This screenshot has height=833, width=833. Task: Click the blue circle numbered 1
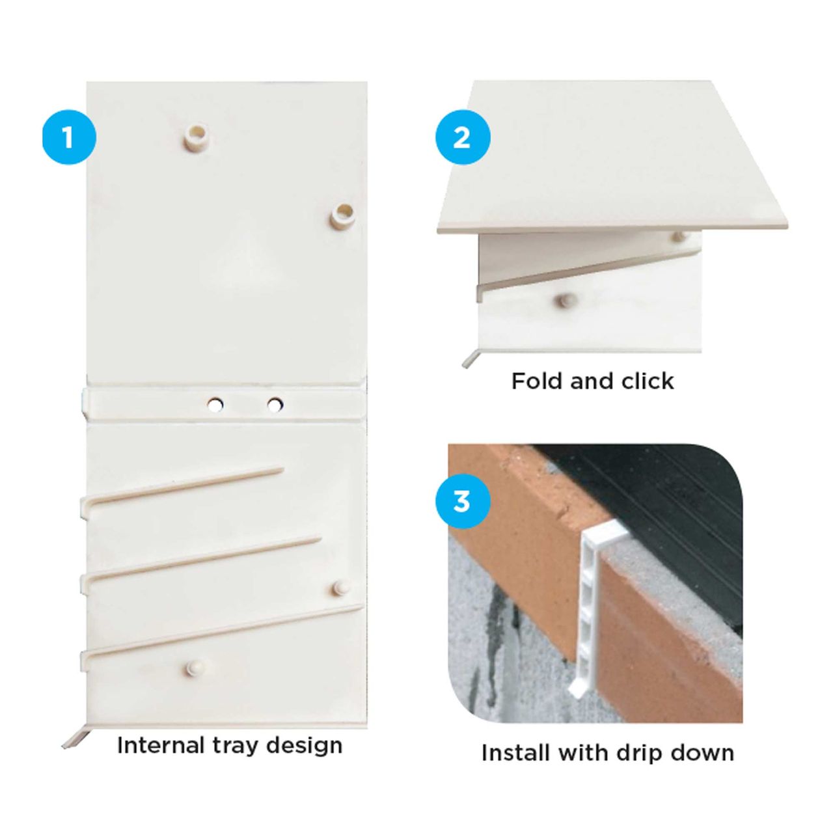69,137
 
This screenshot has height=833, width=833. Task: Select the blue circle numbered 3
463,502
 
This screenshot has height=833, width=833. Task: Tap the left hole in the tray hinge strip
215,405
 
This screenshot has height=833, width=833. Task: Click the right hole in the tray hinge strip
275,405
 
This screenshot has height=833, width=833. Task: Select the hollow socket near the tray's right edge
344,215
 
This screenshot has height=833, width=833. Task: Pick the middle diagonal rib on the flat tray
201,563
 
